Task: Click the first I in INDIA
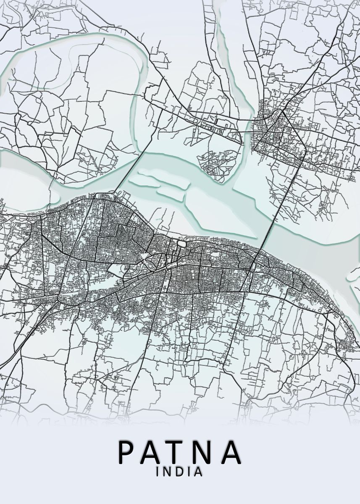158,472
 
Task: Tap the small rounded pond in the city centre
181,244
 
